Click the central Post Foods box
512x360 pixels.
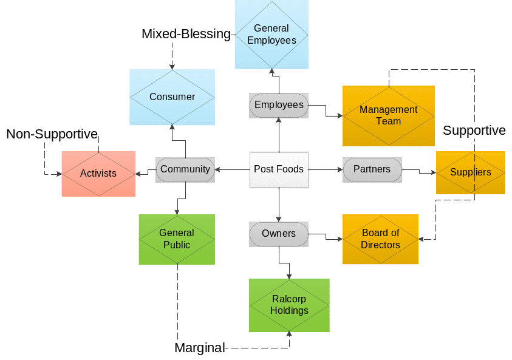tap(279, 169)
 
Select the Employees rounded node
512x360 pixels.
tap(279, 105)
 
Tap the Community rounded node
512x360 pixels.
tap(185, 169)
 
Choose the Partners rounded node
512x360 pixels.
tap(372, 169)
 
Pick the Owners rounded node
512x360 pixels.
tap(279, 234)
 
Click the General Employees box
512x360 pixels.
tap(271, 35)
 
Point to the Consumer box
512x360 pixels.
tap(172, 97)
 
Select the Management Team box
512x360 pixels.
tap(388, 115)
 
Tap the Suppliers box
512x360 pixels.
tap(470, 172)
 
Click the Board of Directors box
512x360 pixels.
tap(380, 239)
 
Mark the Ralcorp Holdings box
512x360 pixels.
tap(289, 305)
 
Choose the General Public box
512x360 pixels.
tap(177, 239)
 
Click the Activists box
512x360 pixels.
tap(98, 174)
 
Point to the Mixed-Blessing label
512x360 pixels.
tap(186, 34)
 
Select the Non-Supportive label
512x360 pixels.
tap(52, 134)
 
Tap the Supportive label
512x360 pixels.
tap(474, 131)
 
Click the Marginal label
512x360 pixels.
tap(199, 348)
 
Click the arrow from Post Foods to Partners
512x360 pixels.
tap(326, 169)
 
